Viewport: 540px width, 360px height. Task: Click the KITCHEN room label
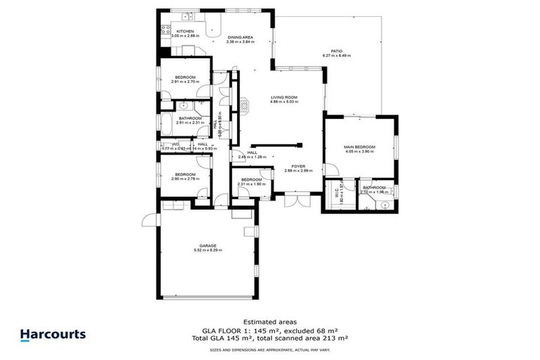coord(186,31)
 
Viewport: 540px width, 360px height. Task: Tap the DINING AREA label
coord(239,37)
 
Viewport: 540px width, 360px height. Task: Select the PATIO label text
coord(336,51)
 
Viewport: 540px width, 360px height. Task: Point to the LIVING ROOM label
coord(284,97)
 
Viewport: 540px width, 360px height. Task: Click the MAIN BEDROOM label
coord(359,147)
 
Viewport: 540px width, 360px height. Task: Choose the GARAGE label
coord(207,245)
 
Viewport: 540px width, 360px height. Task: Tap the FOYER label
coord(297,166)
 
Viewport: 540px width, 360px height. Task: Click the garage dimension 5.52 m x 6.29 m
coord(207,250)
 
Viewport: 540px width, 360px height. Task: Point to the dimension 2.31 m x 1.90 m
coord(251,184)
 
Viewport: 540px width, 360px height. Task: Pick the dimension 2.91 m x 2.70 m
coord(185,82)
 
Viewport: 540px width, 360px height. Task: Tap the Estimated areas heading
coord(270,322)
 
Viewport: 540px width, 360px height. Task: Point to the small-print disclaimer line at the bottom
coord(270,349)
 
